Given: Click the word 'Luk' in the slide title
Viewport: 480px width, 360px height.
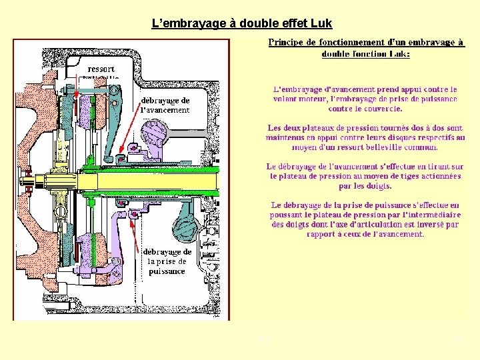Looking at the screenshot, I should [321, 24].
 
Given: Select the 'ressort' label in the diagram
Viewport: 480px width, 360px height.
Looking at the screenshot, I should [101, 69].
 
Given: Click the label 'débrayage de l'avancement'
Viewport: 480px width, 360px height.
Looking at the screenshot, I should [165, 105].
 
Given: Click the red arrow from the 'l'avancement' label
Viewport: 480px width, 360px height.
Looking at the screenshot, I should [127, 137].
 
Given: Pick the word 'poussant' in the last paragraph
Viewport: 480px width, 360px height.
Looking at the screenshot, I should [289, 215].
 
